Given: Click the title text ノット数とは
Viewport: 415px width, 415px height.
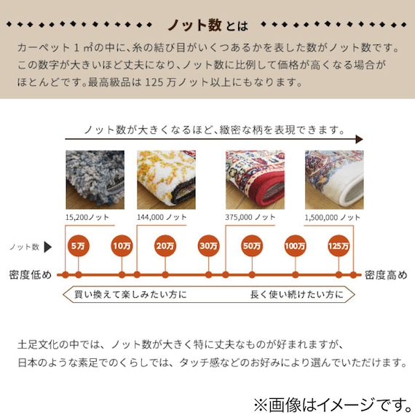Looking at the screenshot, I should coord(207,25).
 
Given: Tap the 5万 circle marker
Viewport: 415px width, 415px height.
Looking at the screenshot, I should coord(77,247).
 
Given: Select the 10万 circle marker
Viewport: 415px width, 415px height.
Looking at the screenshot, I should coord(122,247).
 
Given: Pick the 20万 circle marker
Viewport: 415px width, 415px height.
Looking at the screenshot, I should coord(165,247).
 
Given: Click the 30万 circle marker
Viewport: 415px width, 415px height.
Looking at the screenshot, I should coord(208,247).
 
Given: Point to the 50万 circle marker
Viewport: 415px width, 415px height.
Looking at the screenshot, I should coord(252,247).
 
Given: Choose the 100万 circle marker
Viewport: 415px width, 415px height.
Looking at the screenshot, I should coord(296,247).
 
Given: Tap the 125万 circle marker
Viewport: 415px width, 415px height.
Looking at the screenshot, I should coord(339,247).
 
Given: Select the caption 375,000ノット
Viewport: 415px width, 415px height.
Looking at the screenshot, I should coord(251,217).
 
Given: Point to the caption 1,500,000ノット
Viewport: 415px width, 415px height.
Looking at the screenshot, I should coord(333,217).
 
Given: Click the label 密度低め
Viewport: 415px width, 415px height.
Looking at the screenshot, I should coord(30,275).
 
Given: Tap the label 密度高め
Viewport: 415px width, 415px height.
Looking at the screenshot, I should coord(387,275).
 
